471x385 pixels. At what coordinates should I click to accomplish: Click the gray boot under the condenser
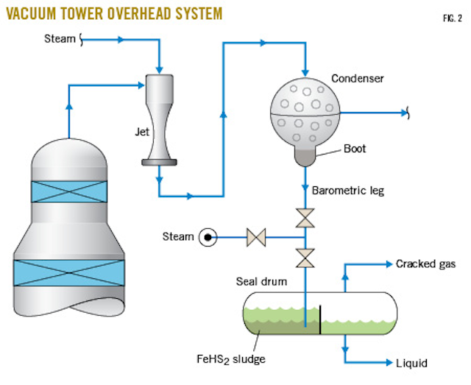coord(305,153)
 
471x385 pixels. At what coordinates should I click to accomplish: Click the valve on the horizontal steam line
coord(256,237)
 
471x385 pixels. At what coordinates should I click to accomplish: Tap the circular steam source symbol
coord(209,237)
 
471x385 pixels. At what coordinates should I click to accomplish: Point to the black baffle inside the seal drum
coord(320,319)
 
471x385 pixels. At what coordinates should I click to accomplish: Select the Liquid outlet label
coord(411,362)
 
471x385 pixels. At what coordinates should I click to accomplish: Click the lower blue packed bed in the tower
coord(68,272)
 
